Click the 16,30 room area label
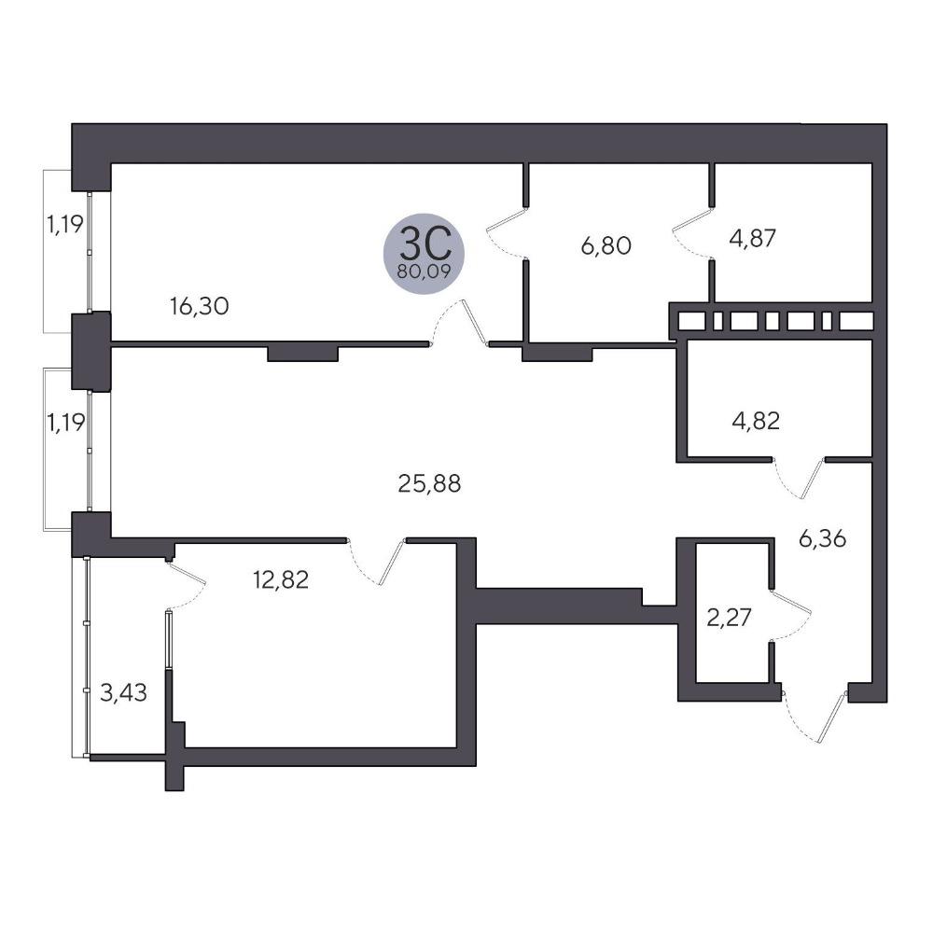point(200,306)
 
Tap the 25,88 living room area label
point(429,483)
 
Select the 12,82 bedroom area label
point(281,579)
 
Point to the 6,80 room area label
point(606,245)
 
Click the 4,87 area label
point(753,238)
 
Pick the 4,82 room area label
point(756,421)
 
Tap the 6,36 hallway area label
point(822,539)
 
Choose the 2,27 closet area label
point(730,618)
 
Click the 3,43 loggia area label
point(123,692)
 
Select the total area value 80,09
point(424,272)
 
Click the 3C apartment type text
point(424,244)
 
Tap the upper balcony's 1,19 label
point(65,224)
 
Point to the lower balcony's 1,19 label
point(65,423)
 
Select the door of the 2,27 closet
point(790,615)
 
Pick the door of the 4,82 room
point(799,479)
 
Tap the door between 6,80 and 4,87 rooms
point(693,233)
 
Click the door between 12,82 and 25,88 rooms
point(376,562)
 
